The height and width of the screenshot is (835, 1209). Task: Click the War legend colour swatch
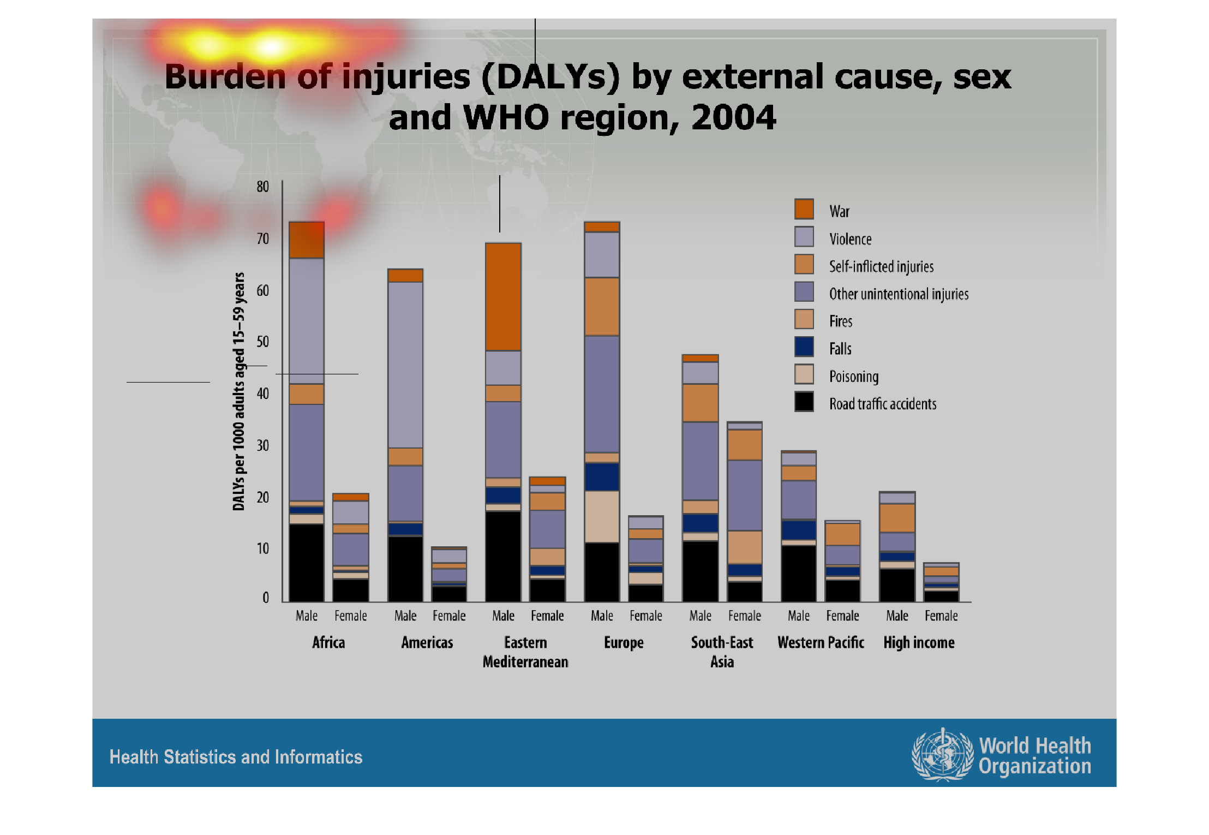[804, 209]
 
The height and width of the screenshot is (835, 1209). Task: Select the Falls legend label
[840, 349]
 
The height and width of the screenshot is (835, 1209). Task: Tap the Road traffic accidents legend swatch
[804, 402]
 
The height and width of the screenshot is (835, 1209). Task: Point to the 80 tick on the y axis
[263, 187]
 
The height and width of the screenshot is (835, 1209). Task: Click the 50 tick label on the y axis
[263, 342]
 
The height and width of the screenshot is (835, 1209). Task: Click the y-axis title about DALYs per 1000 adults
[239, 391]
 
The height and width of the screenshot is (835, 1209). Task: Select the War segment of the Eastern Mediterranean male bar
[503, 296]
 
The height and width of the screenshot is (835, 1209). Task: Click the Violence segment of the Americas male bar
[405, 365]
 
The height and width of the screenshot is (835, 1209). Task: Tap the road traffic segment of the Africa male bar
[307, 562]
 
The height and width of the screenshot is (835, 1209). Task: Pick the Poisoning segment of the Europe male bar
[602, 516]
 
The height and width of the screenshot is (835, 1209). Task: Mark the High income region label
[919, 642]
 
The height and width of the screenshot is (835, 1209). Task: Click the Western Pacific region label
[821, 642]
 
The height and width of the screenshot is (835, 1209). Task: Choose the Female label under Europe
[646, 616]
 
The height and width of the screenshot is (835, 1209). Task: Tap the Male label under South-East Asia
[701, 616]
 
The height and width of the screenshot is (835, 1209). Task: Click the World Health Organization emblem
[942, 755]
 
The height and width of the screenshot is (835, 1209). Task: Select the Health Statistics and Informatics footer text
[236, 757]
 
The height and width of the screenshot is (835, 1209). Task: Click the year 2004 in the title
[733, 117]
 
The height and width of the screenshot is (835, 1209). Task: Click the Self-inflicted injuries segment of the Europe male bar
[602, 306]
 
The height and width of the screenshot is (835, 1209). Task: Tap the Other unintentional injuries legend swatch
[804, 291]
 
